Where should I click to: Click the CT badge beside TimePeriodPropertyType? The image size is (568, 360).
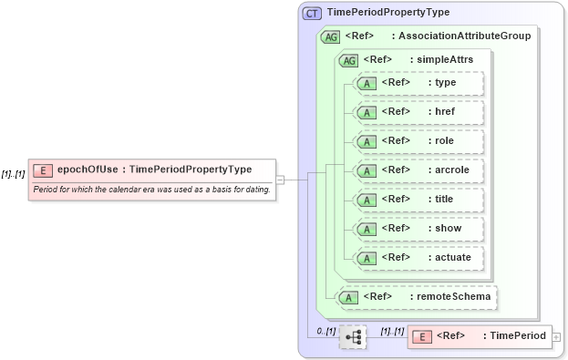pyautogui.click(x=312, y=13)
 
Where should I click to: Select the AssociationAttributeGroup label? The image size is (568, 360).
pyautogui.click(x=460, y=36)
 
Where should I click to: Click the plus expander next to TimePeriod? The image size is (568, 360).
pyautogui.click(x=557, y=337)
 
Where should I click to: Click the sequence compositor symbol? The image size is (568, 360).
pyautogui.click(x=353, y=337)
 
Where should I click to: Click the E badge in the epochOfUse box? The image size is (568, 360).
pyautogui.click(x=42, y=170)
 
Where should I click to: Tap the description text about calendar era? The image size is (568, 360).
pyautogui.click(x=151, y=189)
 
